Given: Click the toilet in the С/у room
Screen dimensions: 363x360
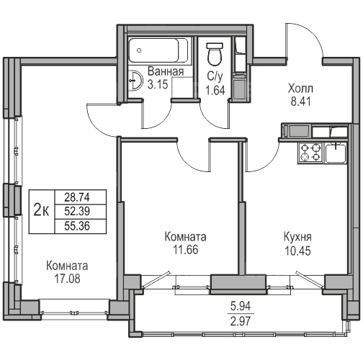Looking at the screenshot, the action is point(215,54).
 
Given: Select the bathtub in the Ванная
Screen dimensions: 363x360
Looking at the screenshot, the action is point(158,50).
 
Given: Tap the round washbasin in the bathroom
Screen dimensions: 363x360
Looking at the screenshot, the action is point(135,80).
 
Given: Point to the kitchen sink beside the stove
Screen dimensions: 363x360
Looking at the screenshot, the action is point(336,153).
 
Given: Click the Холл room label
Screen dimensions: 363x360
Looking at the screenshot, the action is point(300,89).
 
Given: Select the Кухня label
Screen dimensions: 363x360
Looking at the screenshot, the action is point(297,237).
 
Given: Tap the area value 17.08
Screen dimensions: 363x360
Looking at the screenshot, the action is point(67,279).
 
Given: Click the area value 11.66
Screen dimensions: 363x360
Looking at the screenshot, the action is point(186,250).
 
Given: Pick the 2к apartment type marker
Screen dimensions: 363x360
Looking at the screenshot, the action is point(41,211).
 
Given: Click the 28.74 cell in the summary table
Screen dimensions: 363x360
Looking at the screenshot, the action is point(77,197).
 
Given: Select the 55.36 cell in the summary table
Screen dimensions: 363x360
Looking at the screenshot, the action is point(77,226).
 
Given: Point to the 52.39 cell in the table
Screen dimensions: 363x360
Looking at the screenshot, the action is point(77,212).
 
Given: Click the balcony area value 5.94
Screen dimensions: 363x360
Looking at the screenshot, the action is point(241,306).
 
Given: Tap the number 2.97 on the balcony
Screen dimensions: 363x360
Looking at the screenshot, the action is point(241,321).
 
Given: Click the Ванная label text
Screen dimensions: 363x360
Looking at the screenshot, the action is point(166,71).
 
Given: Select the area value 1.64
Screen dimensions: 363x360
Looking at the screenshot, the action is point(215,91).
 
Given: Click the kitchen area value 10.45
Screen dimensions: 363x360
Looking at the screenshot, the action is point(297,251).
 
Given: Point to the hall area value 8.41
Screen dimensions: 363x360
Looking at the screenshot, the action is point(300,102).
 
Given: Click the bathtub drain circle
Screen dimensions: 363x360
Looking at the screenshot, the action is point(139,50).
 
